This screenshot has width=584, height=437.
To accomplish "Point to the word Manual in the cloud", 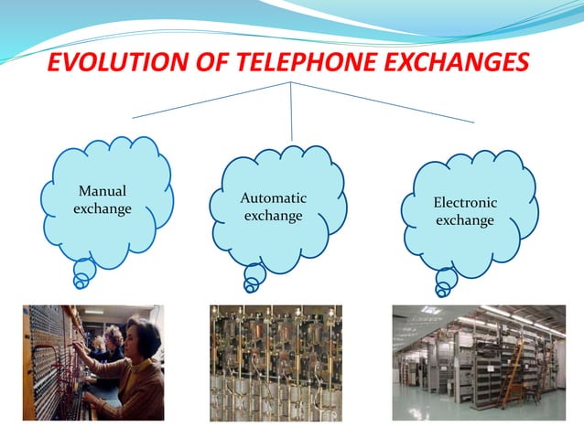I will coord(103,191).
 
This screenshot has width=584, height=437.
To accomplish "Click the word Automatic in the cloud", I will coord(273,198).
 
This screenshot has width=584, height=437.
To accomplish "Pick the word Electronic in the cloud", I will coord(465,203).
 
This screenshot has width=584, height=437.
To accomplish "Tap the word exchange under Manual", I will coord(103,208).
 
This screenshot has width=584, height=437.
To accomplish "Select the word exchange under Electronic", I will coord(465,220).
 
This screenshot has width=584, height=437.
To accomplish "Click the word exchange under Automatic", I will coord(273,216).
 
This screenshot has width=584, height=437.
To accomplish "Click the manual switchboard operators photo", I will coord(93,362).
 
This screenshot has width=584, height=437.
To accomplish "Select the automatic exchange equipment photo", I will coord(276,362).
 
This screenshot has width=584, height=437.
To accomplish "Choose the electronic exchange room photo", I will coord(479,362).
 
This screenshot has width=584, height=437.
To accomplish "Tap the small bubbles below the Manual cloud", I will coord(83,272).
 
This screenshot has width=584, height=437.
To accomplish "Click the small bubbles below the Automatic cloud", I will coord(254,276).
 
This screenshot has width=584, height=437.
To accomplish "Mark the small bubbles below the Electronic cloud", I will coord(445,282).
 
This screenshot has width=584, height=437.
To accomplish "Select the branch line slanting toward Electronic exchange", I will coord(384,102).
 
